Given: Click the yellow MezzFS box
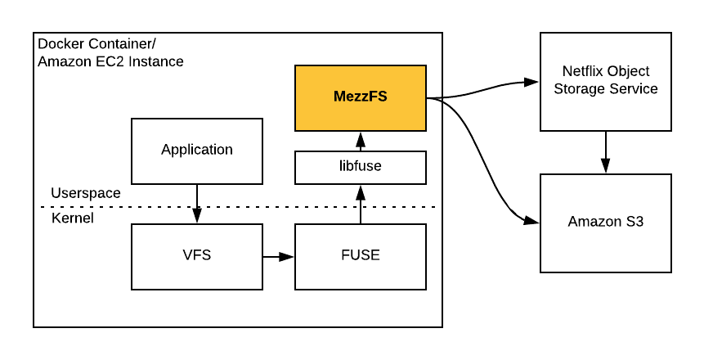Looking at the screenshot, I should coord(360,97).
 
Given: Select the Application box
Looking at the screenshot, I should coord(197,151).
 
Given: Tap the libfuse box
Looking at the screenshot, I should coord(360,167).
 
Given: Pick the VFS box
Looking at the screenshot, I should coord(197,255).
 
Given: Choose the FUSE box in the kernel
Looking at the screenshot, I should coord(360,255).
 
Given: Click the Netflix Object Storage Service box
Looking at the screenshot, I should coord(605,81).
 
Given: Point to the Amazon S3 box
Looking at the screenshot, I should coord(605,223).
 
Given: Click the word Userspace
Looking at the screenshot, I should coord(86,194).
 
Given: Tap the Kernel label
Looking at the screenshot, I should coord(73,218).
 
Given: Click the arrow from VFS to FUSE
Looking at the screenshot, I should coord(278,257).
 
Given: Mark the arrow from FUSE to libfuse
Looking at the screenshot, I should coord(360,204).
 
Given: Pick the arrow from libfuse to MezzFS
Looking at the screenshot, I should coord(360,142).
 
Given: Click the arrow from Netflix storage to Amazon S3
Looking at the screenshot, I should coord(605,152).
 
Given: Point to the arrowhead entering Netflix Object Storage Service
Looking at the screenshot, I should coord(532,82).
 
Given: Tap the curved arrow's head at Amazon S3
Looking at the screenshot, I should coord(532,221).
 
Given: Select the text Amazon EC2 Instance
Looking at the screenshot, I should coord(110,61).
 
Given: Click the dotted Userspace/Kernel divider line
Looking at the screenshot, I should coord(245,206).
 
